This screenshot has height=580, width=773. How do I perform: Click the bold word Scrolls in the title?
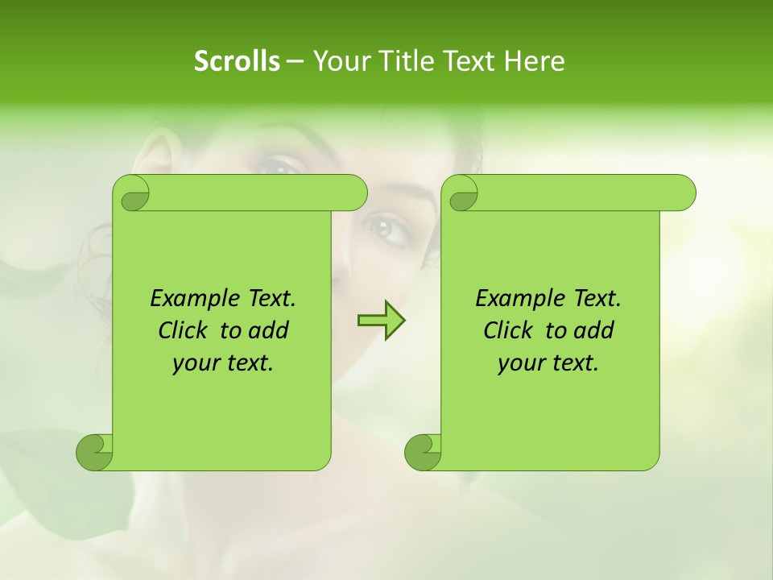coord(237,60)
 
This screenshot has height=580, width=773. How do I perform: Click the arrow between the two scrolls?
coord(381,320)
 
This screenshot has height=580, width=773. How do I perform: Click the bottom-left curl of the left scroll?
coord(94,452)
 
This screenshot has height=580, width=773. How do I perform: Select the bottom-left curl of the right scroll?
coord(423,452)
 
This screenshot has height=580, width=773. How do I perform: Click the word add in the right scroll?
coord(593,330)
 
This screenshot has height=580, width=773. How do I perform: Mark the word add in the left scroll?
coord(268,330)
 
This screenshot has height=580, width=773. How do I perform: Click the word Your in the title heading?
coord(338,60)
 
